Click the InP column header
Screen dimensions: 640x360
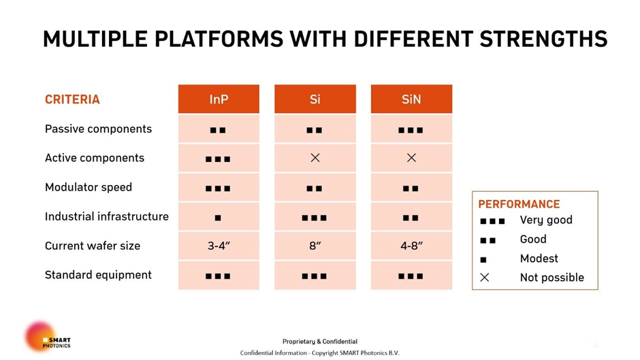coord(219,99)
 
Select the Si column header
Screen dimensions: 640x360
coord(315,99)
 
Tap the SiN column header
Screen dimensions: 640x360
coord(411,99)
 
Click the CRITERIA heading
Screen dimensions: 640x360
coord(72,99)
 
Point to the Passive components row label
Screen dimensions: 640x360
coord(98,129)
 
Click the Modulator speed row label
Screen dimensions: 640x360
coord(89,187)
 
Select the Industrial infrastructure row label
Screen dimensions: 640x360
coord(106,216)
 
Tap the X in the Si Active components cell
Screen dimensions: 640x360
coord(315,158)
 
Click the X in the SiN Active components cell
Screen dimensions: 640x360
coord(411,158)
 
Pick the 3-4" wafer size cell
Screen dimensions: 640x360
coord(219,246)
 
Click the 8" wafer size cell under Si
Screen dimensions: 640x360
coord(315,246)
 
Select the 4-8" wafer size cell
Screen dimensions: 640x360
coord(411,246)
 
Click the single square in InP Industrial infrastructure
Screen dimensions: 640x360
coord(218,218)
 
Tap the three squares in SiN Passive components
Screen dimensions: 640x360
coord(411,131)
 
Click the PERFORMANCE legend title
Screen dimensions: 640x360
coord(519,204)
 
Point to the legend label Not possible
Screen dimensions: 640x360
coord(552,278)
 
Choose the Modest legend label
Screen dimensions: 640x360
coord(539,259)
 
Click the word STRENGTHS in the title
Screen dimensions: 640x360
coord(544,39)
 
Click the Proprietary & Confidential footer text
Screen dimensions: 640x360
coord(320,341)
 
